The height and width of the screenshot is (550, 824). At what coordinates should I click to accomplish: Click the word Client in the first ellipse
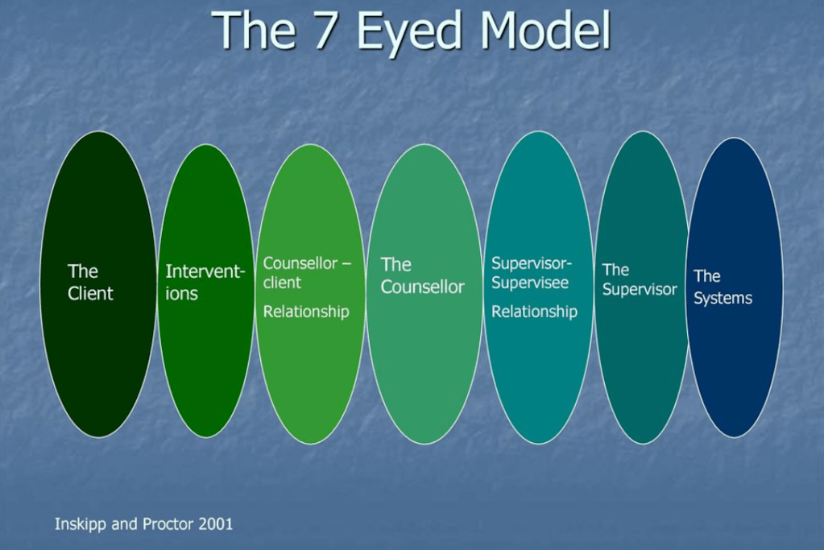(x=90, y=294)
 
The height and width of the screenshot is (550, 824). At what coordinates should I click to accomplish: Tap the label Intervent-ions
(x=205, y=282)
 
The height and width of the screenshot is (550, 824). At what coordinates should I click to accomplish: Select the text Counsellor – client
(x=307, y=273)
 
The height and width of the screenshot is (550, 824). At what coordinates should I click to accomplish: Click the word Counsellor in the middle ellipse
(x=423, y=287)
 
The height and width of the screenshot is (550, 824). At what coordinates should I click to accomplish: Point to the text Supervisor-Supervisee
(x=532, y=273)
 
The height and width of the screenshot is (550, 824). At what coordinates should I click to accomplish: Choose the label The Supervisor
(x=640, y=279)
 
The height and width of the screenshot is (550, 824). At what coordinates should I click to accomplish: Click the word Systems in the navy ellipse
(x=723, y=298)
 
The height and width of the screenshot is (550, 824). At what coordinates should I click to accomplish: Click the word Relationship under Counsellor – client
(x=306, y=312)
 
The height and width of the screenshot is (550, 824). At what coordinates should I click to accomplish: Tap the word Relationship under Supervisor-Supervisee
(x=534, y=312)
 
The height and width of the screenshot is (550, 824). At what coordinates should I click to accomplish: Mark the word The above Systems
(x=706, y=277)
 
